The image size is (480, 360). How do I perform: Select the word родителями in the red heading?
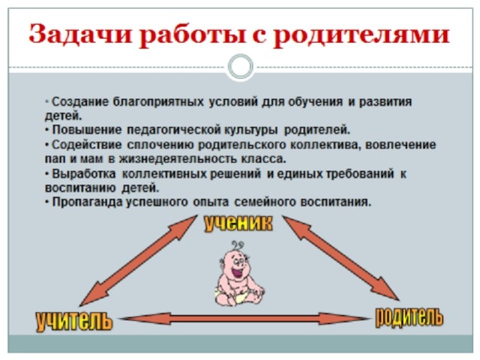[361, 36]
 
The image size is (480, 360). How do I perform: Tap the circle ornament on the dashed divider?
[241, 67]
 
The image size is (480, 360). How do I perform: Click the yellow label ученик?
[238, 223]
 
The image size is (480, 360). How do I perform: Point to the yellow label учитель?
[74, 322]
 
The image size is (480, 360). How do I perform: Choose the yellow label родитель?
[409, 317]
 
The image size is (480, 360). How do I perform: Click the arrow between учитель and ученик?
[139, 260]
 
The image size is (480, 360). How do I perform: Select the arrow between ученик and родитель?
[340, 258]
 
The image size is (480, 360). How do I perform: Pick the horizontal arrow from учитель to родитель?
[244, 319]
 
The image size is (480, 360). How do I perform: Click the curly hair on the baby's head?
[237, 246]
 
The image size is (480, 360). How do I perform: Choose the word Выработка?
[84, 174]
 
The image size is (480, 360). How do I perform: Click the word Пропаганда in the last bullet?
[88, 202]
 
